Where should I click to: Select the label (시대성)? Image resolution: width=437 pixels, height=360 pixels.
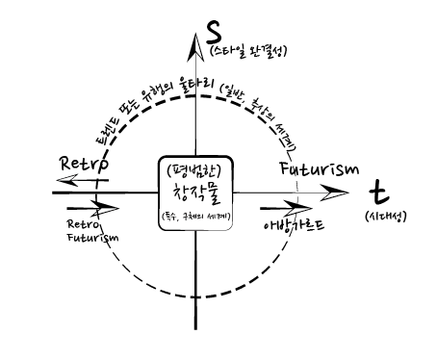pos(383,219)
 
